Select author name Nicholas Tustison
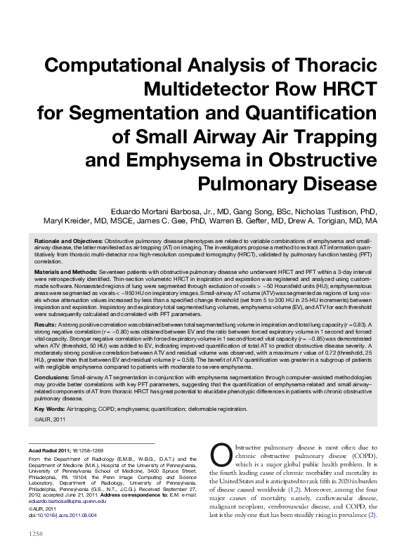331,209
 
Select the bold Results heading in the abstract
44,325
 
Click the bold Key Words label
48,408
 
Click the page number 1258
37,535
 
